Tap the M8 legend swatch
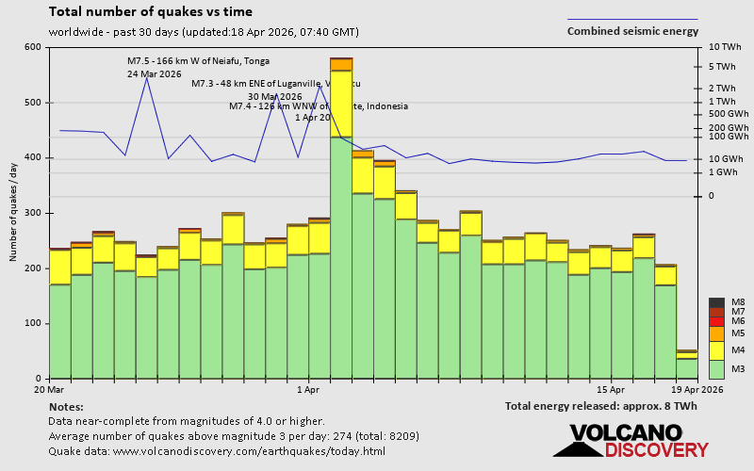point(716,302)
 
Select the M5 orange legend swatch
point(716,333)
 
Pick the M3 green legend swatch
point(716,368)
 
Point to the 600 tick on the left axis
point(34,47)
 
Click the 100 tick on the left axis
point(34,323)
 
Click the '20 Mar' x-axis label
point(49,388)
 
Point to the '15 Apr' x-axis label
point(611,388)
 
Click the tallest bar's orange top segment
point(341,64)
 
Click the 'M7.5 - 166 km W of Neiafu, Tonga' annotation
point(198,61)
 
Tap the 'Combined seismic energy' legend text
point(632,30)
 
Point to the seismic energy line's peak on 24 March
point(146,77)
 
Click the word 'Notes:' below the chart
point(65,406)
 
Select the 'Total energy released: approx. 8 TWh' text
point(600,406)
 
